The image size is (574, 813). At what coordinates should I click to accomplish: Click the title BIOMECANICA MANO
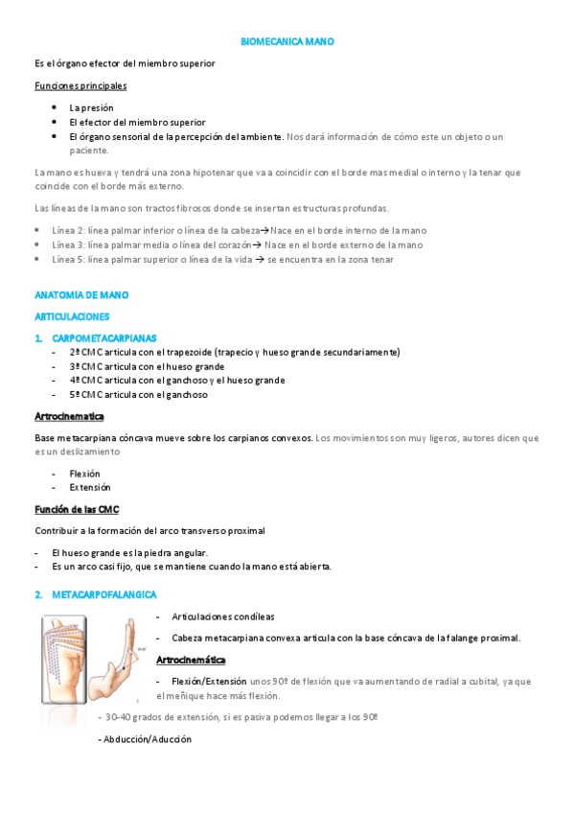[287, 43]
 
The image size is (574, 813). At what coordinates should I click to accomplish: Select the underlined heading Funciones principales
[80, 85]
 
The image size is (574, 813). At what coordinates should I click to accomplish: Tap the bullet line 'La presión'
[92, 108]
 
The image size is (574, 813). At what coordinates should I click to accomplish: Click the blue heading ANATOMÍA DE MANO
[80, 295]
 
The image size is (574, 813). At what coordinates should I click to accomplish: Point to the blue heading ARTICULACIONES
[72, 315]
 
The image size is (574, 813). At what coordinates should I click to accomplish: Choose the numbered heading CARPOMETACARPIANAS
[104, 338]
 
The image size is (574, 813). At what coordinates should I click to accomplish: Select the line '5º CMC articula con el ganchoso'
[138, 394]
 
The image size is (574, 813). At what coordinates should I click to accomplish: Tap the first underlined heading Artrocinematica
[69, 416]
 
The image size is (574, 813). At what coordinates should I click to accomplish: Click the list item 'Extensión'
[90, 487]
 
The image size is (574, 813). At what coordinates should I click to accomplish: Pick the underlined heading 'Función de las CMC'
[76, 509]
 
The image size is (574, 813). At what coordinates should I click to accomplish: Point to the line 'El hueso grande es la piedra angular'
[129, 552]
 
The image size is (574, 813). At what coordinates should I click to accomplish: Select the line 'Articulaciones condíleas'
[222, 616]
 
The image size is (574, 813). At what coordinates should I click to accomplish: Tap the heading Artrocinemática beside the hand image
[191, 660]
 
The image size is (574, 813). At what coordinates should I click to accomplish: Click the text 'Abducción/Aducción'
[146, 739]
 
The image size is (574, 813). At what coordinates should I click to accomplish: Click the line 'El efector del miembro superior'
[137, 122]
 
